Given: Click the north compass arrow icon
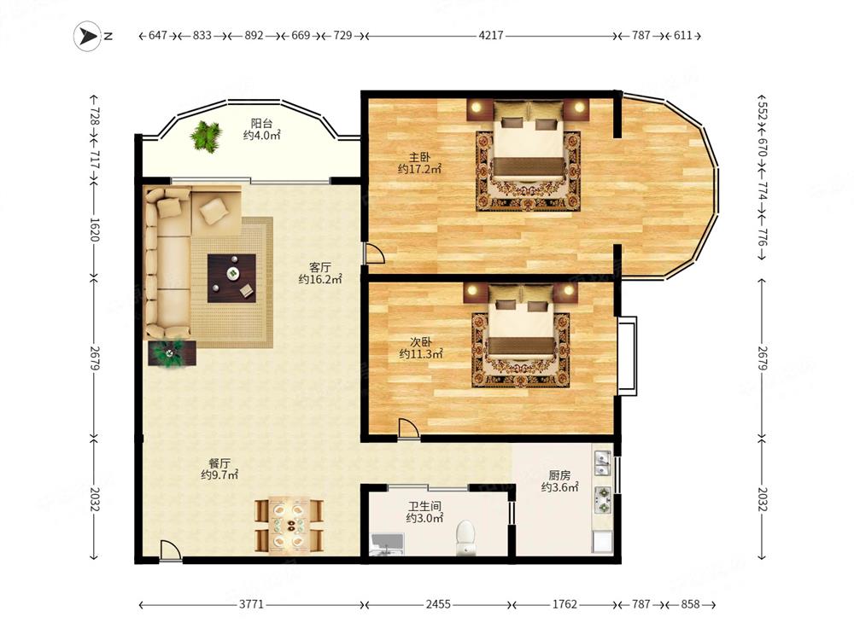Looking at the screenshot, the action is point(87,36).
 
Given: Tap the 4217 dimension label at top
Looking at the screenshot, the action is point(491,35).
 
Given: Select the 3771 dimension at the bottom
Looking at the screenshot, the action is point(251,604).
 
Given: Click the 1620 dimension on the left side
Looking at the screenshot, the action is point(94,229).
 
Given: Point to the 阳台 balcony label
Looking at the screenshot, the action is point(261,124).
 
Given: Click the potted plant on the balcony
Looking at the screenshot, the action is point(207,136).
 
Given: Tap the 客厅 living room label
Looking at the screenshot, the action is point(319,267).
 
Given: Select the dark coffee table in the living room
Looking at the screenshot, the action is point(231,278).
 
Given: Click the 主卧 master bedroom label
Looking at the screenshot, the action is point(419,157).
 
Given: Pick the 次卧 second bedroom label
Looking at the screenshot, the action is point(420,342).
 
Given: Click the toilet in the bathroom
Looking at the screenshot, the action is point(465,538).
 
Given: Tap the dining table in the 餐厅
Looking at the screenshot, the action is point(290,525).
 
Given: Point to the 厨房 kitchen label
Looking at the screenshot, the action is point(559,475).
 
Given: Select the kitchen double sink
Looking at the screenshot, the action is point(602,463).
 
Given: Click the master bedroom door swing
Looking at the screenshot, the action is point(375,253).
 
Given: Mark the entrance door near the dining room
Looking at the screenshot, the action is point(171,550).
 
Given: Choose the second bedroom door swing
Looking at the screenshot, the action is point(408,428).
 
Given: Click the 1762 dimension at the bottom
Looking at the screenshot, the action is point(564,604).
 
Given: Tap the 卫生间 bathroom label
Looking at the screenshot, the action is point(424,506).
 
